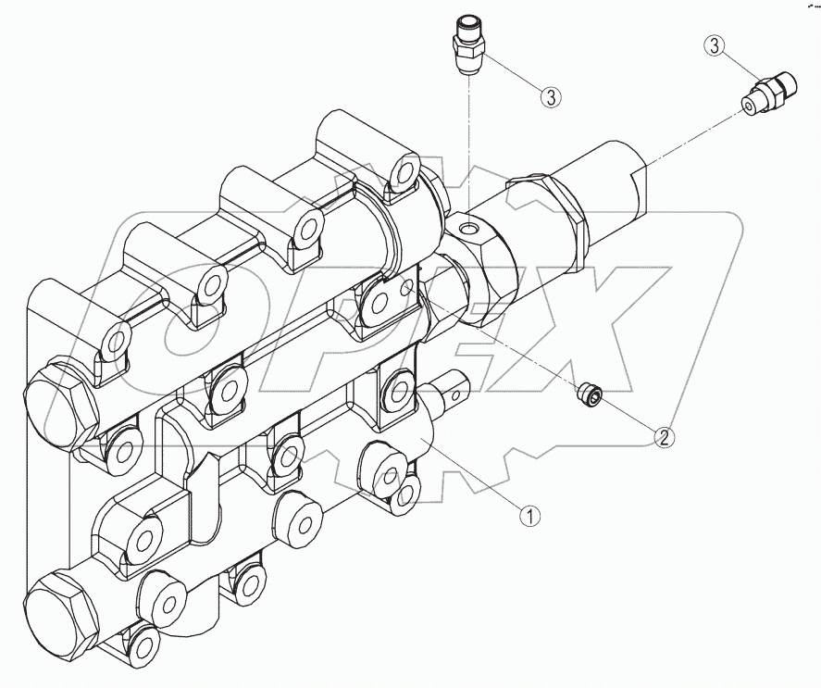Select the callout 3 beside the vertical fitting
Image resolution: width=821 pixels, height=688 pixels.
(552, 95)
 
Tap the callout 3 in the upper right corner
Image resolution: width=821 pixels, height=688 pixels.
(713, 44)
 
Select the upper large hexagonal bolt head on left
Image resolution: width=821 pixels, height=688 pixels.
(56, 404)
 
